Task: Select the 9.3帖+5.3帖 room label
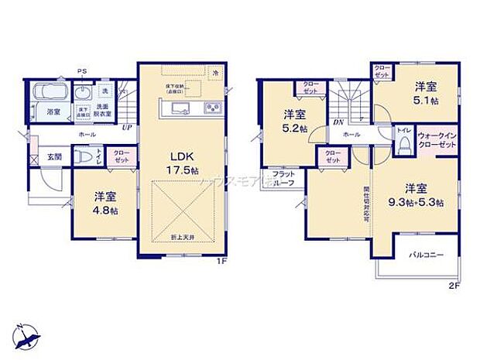pos(417,196)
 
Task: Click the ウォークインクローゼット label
pos(438,141)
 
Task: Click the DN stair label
pos(338,122)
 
